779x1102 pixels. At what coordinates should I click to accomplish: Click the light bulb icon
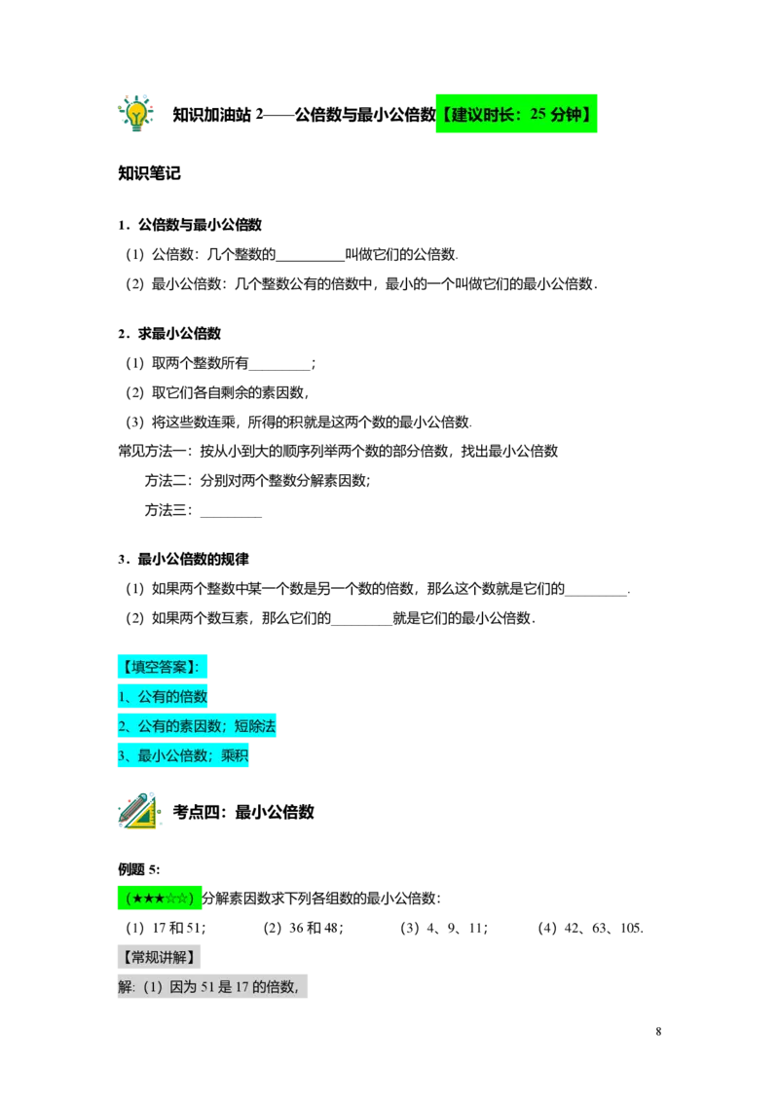[x=135, y=113]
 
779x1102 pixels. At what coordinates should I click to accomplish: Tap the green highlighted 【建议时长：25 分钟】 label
[x=516, y=113]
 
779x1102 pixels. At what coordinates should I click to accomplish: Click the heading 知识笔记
[x=149, y=173]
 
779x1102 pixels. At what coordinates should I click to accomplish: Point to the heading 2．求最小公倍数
[x=169, y=333]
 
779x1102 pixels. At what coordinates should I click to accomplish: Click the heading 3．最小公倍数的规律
[x=183, y=559]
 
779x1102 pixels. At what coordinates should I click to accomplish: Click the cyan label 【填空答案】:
[x=163, y=666]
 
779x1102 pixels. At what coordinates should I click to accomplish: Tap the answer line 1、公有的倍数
[x=163, y=696]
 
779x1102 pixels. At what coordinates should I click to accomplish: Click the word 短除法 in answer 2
[x=254, y=725]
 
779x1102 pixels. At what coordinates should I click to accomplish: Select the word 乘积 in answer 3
[x=234, y=755]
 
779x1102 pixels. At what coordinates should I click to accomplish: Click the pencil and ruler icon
[x=139, y=811]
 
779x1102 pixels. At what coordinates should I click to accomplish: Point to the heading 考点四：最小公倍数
[x=243, y=812]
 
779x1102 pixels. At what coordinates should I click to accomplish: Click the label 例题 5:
[x=138, y=869]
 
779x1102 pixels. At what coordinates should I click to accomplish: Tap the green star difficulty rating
[x=160, y=899]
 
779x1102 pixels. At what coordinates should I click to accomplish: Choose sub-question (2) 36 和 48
[x=304, y=928]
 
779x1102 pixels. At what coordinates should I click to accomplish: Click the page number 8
[x=659, y=1031]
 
